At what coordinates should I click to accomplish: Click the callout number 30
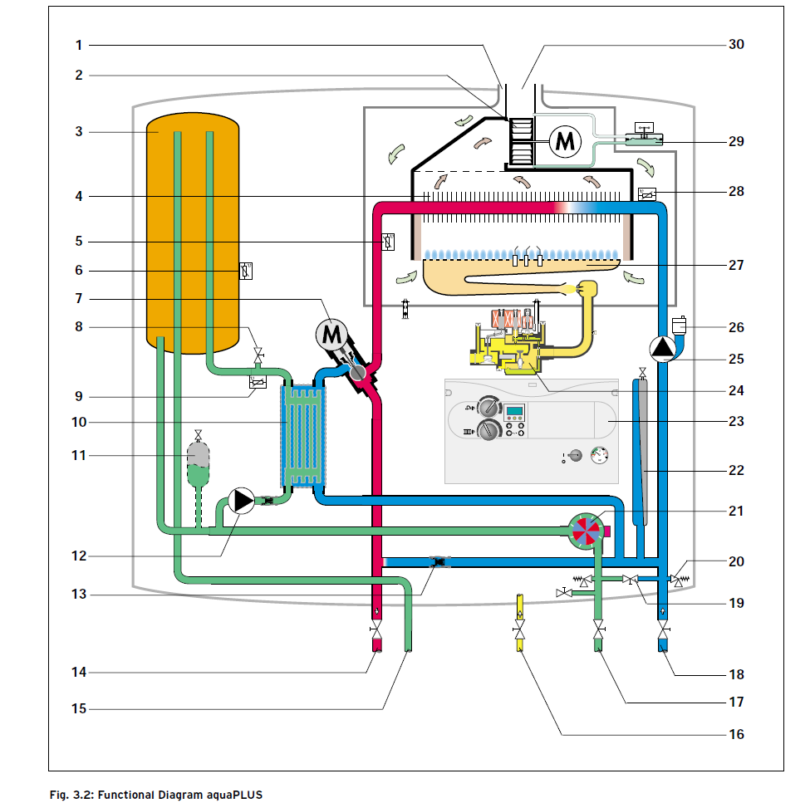tap(736, 45)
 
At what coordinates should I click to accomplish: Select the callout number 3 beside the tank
tap(78, 132)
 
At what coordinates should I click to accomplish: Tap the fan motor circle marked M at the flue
tap(565, 141)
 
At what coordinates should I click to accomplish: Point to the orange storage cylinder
tap(193, 233)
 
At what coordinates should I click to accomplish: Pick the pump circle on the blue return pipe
tap(663, 350)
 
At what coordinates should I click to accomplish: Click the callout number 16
tap(736, 734)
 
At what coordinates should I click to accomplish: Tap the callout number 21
tap(736, 511)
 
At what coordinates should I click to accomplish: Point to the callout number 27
tap(736, 266)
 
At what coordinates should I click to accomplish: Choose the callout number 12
tap(78, 556)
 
